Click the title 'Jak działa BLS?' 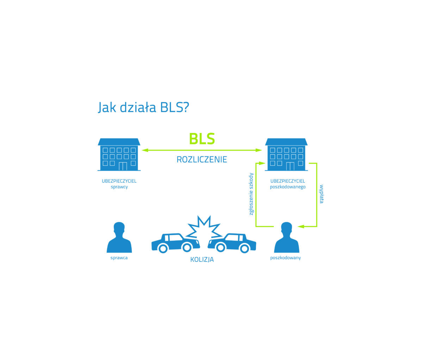click(x=144, y=107)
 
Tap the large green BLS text click(x=202, y=139)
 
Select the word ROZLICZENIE click(x=202, y=160)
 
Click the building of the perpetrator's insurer click(x=119, y=154)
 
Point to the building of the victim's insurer click(x=286, y=154)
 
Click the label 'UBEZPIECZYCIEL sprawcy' click(x=119, y=184)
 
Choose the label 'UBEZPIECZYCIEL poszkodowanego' click(x=288, y=184)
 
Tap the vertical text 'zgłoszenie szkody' click(x=251, y=194)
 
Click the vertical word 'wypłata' click(x=322, y=194)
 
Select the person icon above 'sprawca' click(x=119, y=238)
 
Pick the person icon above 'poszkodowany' click(x=287, y=238)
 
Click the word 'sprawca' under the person click(x=119, y=258)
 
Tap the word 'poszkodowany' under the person click(x=286, y=258)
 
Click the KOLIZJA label click(x=202, y=259)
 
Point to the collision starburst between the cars click(x=204, y=227)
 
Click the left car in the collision click(x=175, y=243)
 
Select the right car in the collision click(x=232, y=243)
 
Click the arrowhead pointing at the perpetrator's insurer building click(x=145, y=150)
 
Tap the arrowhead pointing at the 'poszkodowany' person click(x=301, y=226)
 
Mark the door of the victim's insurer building click(x=290, y=166)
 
